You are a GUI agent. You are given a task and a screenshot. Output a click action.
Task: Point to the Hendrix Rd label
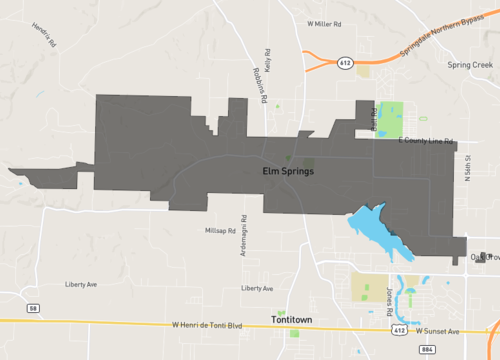pos(42,35)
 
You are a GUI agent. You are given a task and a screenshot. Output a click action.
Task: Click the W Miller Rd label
pos(324,22)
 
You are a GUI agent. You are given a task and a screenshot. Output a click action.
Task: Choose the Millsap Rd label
pos(219,230)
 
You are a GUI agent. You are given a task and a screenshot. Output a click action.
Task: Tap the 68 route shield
pos(34,307)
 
